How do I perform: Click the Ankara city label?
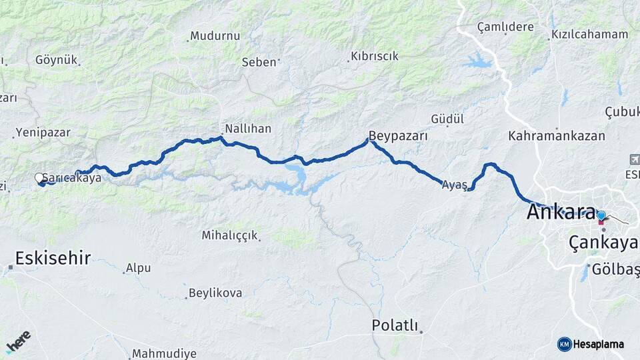[x=561, y=212]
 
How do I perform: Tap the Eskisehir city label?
[x=53, y=258]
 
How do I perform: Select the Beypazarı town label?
[x=398, y=135]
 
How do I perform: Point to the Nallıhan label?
[x=248, y=127]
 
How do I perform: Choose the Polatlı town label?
[x=395, y=325]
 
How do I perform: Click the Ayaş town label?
[x=454, y=186]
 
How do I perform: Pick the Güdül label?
[x=447, y=119]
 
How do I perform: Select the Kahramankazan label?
[x=557, y=136]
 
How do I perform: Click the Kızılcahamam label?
[x=589, y=35]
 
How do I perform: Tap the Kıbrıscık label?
[x=375, y=56]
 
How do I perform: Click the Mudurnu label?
[x=215, y=36]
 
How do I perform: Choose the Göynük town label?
[x=57, y=60]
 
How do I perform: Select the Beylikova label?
[x=215, y=293]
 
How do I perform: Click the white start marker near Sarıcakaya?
[x=39, y=177]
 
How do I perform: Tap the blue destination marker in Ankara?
[x=601, y=215]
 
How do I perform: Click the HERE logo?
[x=18, y=341]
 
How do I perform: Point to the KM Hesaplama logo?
[x=591, y=344]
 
